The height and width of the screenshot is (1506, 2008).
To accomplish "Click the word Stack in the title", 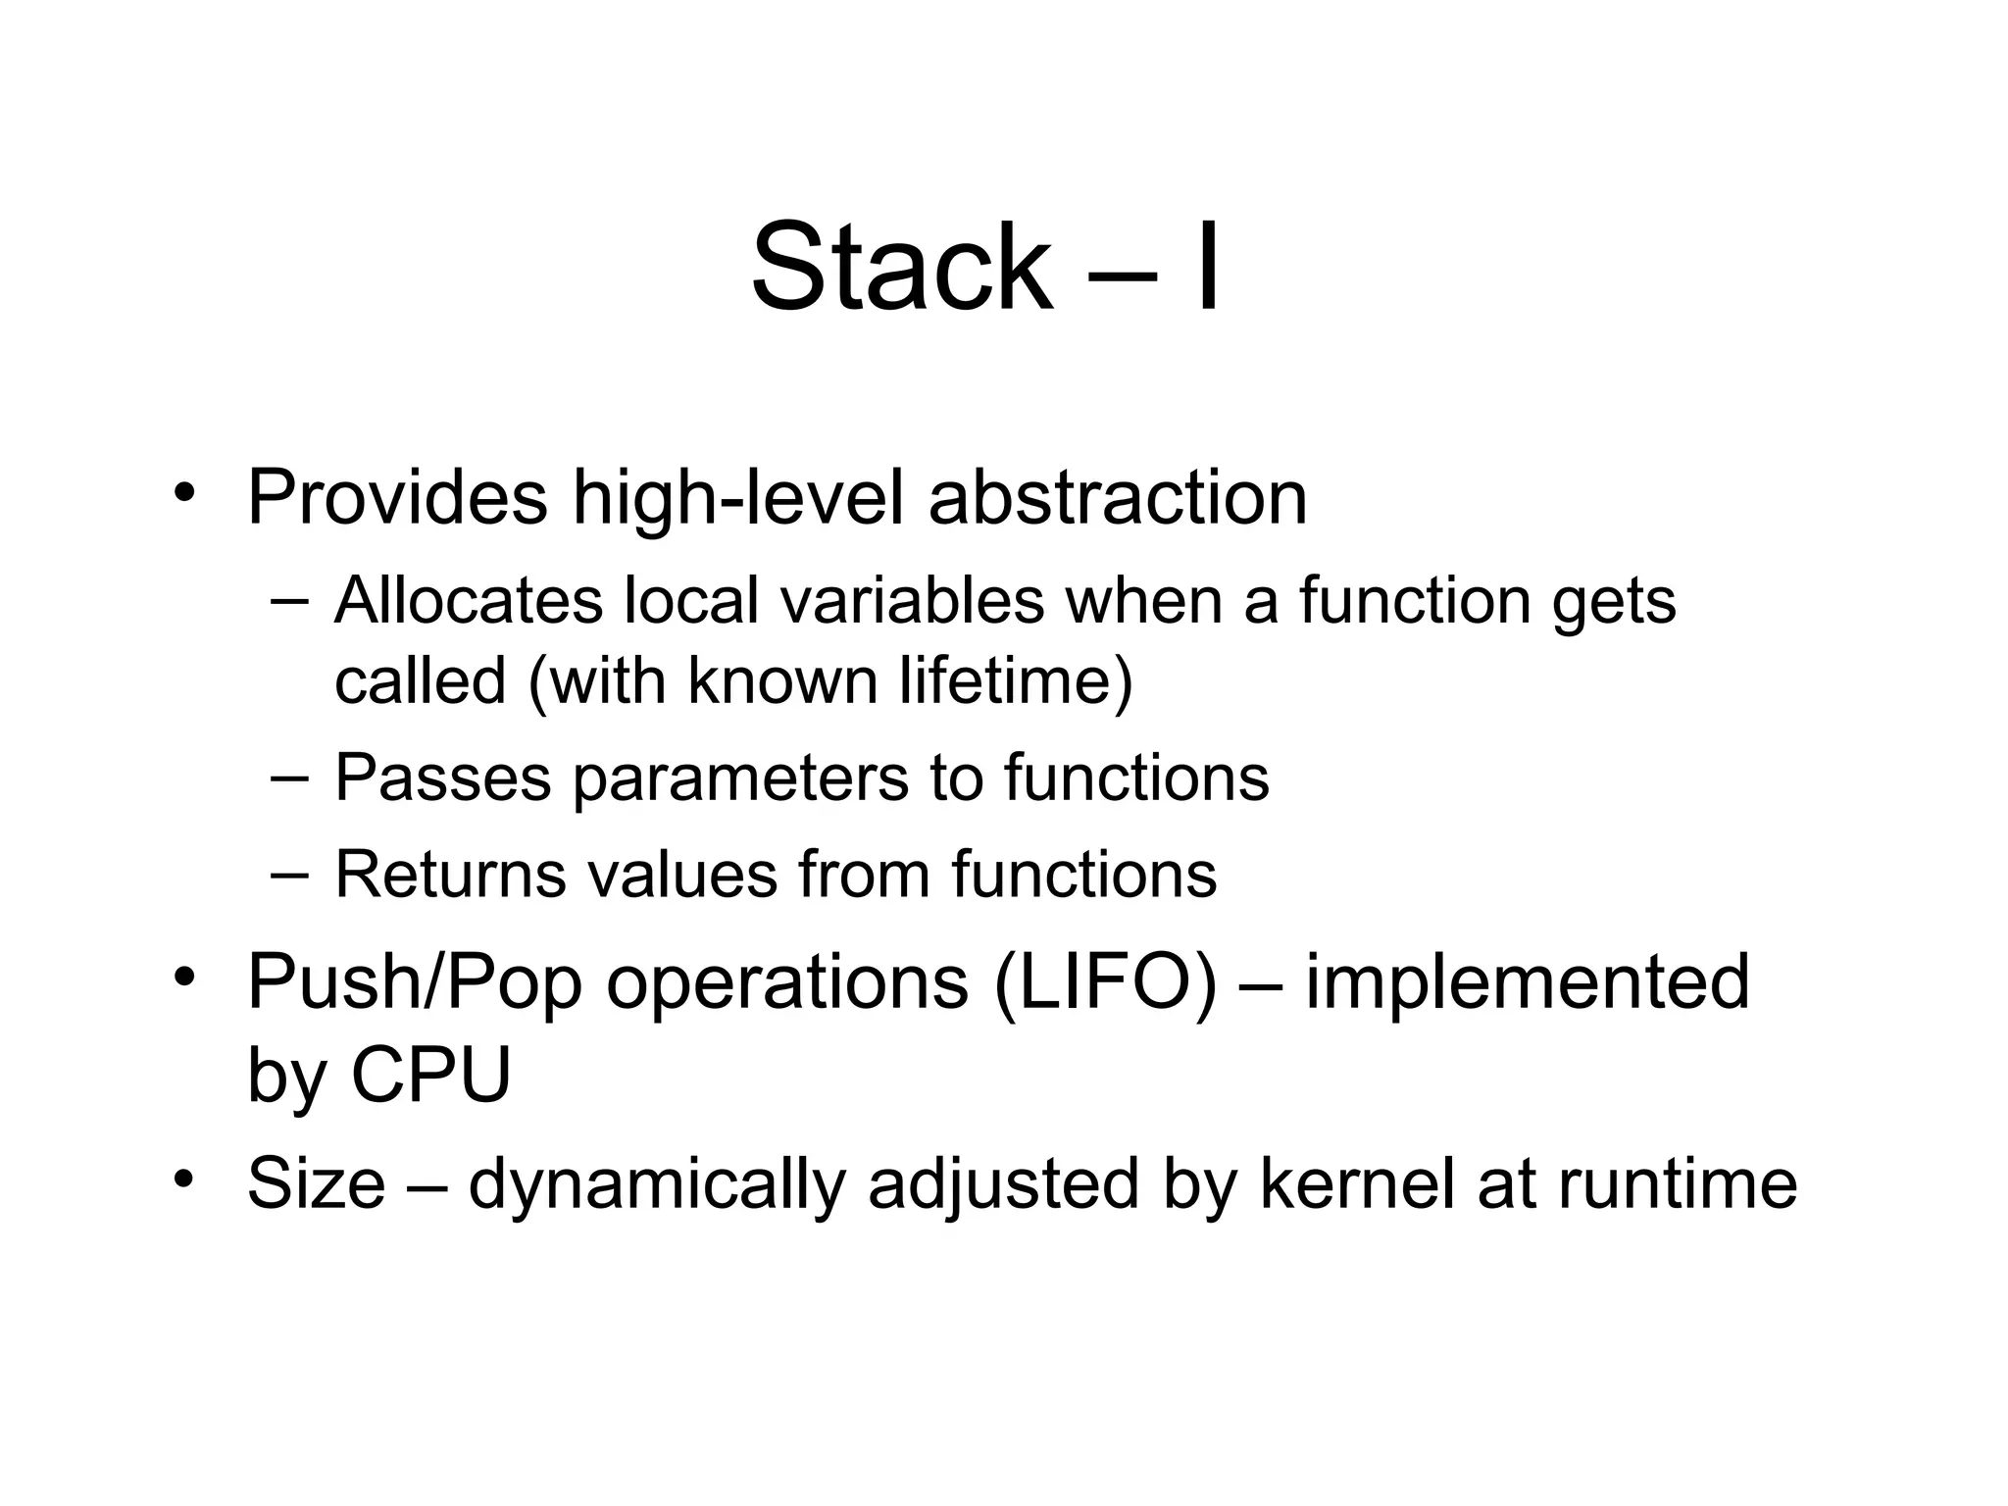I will (x=899, y=267).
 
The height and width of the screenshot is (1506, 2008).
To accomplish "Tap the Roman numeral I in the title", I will (x=1208, y=267).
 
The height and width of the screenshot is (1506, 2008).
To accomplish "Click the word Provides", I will (x=397, y=498).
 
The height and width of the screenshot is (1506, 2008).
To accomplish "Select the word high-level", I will (x=736, y=498).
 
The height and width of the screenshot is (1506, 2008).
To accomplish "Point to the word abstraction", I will (x=1118, y=498).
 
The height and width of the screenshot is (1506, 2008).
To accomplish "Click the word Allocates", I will (x=468, y=600).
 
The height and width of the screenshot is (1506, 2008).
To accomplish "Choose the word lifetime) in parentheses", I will (x=1016, y=679).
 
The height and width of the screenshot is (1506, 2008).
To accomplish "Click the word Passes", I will (x=443, y=778).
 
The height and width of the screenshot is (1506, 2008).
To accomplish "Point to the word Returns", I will (x=450, y=874).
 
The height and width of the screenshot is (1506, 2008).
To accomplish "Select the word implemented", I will (x=1527, y=982).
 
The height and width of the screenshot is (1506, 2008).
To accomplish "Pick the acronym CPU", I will (x=430, y=1076).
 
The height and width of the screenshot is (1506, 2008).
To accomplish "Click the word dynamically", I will (x=656, y=1184).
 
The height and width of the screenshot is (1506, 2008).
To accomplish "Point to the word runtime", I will (x=1678, y=1183).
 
